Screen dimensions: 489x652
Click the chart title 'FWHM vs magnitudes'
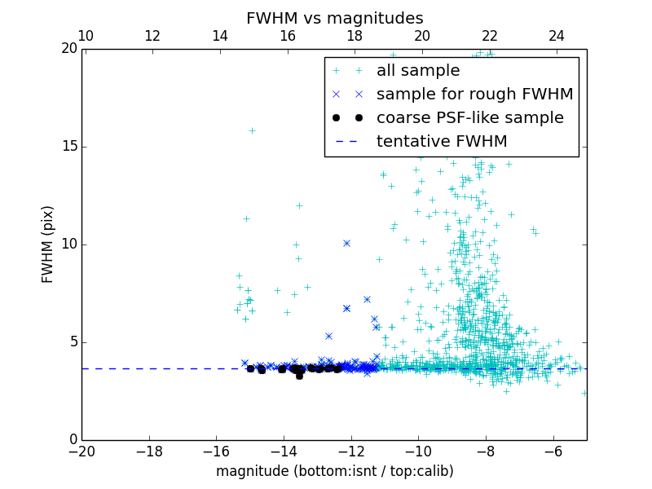(334, 18)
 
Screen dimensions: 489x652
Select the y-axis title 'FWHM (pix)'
(48, 244)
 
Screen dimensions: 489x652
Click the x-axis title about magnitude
(334, 471)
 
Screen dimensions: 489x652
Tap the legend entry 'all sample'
(418, 71)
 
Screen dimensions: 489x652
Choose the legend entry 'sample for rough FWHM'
(474, 95)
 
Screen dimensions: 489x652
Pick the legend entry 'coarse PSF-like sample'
(469, 118)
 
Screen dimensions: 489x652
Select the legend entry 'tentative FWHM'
(442, 142)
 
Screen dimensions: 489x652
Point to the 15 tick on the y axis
(68, 147)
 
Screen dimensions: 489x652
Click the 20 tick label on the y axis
(68, 49)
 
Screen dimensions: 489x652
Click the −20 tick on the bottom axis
(82, 450)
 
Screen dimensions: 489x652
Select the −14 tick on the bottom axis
(284, 450)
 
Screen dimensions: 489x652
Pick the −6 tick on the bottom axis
(553, 450)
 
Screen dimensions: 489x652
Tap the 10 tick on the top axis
(86, 36)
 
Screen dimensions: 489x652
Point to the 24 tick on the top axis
(557, 36)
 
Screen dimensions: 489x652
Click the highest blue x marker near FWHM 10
(346, 243)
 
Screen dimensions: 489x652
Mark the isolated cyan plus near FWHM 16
(252, 130)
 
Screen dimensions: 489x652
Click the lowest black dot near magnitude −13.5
(299, 376)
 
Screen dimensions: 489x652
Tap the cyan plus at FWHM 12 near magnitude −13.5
(299, 205)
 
